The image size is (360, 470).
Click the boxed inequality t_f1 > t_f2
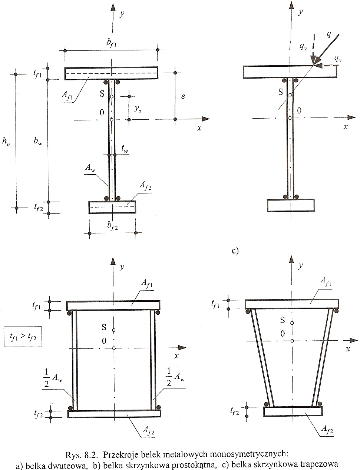tap(23, 337)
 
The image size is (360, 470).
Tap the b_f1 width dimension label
tap(111, 43)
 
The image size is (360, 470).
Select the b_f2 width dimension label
tap(112, 226)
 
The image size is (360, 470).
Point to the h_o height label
tap(6, 141)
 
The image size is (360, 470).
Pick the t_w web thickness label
tap(125, 149)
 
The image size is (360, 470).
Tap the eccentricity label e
tap(183, 96)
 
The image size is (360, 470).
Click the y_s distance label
tap(138, 109)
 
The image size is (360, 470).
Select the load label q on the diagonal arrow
tap(329, 34)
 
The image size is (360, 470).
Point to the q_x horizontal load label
tap(338, 59)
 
